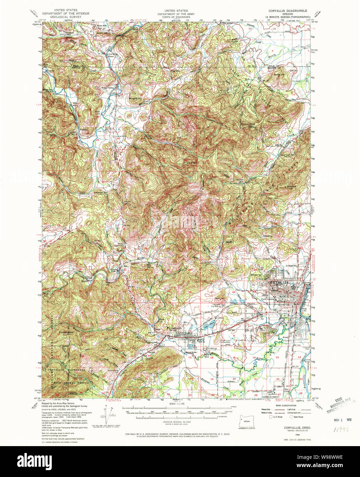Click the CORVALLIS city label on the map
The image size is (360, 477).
tap(282, 282)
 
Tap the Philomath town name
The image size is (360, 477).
tap(174, 328)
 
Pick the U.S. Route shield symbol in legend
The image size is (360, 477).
tap(271, 417)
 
